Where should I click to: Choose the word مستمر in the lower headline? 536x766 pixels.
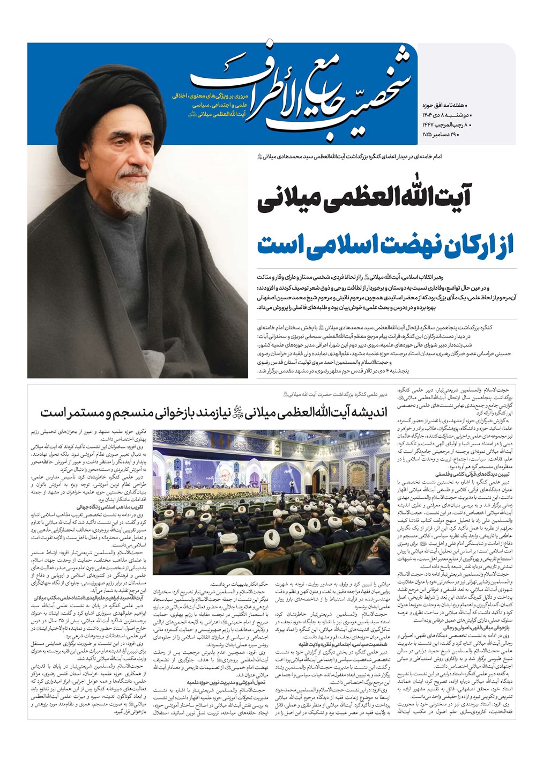(x=72, y=413)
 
